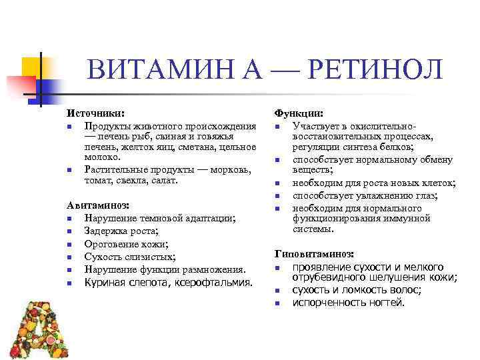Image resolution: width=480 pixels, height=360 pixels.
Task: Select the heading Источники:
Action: (x=96, y=114)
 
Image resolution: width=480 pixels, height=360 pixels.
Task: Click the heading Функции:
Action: (x=300, y=114)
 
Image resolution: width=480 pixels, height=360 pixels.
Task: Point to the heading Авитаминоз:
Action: (x=99, y=205)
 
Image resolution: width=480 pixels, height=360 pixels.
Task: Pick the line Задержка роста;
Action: (x=122, y=231)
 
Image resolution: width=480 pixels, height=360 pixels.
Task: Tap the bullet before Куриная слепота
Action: (x=70, y=283)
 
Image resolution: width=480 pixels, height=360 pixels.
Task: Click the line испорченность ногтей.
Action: (x=349, y=303)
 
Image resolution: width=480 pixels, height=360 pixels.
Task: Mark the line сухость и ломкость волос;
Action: (x=357, y=290)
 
